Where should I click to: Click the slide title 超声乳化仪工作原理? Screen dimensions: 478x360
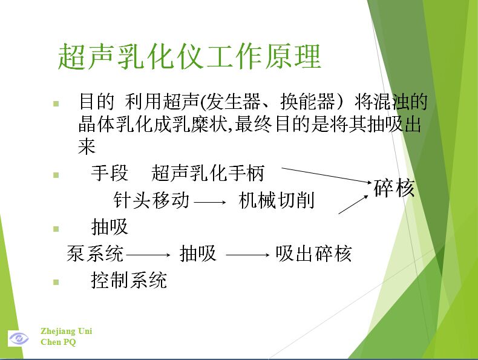189,56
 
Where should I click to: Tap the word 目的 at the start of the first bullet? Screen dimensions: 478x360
96,102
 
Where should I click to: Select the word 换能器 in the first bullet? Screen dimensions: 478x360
307,102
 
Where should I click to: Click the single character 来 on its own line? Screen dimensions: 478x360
87,146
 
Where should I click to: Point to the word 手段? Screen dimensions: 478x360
110,173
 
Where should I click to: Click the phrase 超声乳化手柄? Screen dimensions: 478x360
208,173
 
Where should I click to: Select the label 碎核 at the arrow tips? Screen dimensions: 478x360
394,188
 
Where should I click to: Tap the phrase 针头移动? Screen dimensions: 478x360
151,200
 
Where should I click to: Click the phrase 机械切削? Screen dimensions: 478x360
277,200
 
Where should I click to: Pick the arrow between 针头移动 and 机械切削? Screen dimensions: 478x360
210,202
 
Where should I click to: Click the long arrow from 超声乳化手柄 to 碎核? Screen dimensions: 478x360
327,175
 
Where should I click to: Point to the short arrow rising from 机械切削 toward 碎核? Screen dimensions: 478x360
353,205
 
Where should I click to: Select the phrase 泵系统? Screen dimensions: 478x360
95,254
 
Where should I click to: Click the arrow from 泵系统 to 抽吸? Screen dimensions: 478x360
148,255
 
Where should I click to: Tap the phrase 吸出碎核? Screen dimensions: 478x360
313,254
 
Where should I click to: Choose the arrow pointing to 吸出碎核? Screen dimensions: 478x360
248,255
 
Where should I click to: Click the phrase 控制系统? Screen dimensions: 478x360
129,280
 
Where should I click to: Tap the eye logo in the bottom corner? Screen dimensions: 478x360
19,338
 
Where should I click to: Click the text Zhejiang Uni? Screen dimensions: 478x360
66,331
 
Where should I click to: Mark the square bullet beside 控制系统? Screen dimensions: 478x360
56,282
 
